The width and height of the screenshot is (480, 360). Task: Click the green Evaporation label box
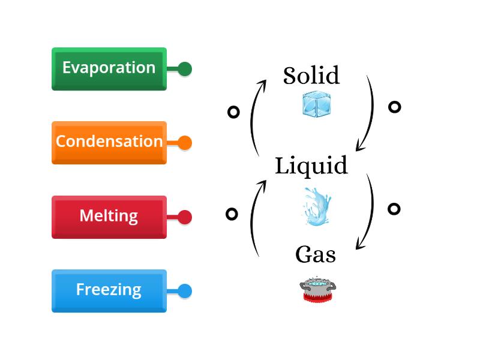point(109,68)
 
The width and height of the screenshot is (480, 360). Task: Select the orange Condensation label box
point(109,142)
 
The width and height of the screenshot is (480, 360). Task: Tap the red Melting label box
point(109,216)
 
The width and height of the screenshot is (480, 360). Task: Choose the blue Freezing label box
point(109,290)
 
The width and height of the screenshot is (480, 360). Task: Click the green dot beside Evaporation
point(185,69)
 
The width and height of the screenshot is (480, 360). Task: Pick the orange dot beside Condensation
point(185,143)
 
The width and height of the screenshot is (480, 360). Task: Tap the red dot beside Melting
point(185,217)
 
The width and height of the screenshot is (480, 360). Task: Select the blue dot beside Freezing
point(185,291)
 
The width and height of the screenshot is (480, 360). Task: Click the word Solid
point(311,76)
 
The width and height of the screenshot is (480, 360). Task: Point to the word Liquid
point(311,166)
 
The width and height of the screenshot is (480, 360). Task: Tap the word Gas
point(315,255)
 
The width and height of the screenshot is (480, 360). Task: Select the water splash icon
point(316,206)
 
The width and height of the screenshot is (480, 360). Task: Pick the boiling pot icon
point(317,290)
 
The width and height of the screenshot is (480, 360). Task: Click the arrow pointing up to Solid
point(255,117)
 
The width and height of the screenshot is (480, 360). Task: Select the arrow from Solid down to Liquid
point(368,114)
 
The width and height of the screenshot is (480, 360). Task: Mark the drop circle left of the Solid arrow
point(233,112)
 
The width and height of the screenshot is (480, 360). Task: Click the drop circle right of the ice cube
point(394,107)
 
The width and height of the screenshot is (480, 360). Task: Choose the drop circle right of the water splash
point(394,209)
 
